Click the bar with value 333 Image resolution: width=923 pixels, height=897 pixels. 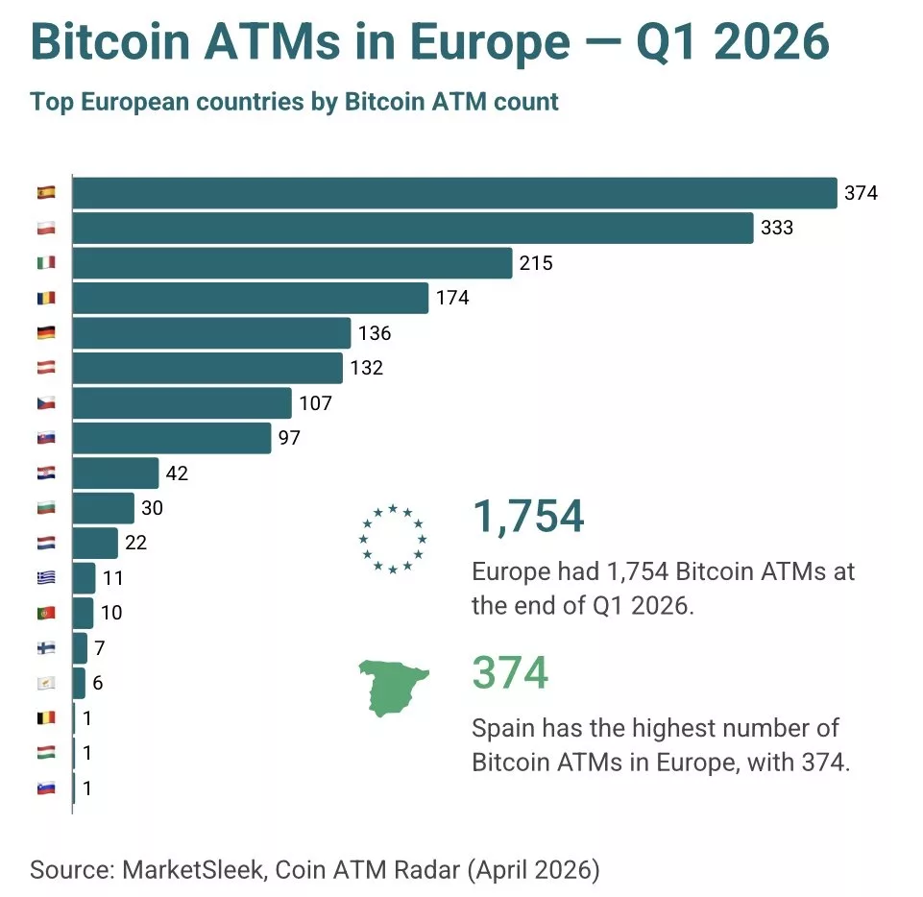[x=412, y=229]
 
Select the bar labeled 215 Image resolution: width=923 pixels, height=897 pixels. [x=292, y=263]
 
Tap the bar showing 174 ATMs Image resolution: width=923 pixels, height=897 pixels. [x=250, y=298]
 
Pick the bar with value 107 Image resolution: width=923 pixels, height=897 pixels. [x=182, y=403]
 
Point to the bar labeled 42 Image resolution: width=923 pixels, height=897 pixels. [x=115, y=473]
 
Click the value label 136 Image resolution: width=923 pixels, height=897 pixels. [x=375, y=333]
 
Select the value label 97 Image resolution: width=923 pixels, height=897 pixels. [x=289, y=439]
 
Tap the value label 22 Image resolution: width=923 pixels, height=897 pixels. [x=135, y=544]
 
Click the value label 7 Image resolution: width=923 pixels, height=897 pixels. [x=99, y=648]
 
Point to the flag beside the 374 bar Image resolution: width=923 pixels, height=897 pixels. [x=46, y=193]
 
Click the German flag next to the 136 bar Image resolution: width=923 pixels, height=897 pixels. [x=46, y=333]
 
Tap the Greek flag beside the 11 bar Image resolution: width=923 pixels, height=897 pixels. [x=46, y=578]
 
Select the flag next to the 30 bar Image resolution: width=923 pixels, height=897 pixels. [x=46, y=508]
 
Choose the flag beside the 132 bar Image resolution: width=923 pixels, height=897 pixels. [x=46, y=368]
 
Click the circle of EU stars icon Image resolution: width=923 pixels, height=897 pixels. [x=392, y=539]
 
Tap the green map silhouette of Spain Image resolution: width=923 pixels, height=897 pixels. [x=392, y=686]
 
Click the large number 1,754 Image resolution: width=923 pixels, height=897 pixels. [x=527, y=516]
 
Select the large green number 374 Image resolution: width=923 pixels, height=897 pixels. [x=510, y=672]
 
